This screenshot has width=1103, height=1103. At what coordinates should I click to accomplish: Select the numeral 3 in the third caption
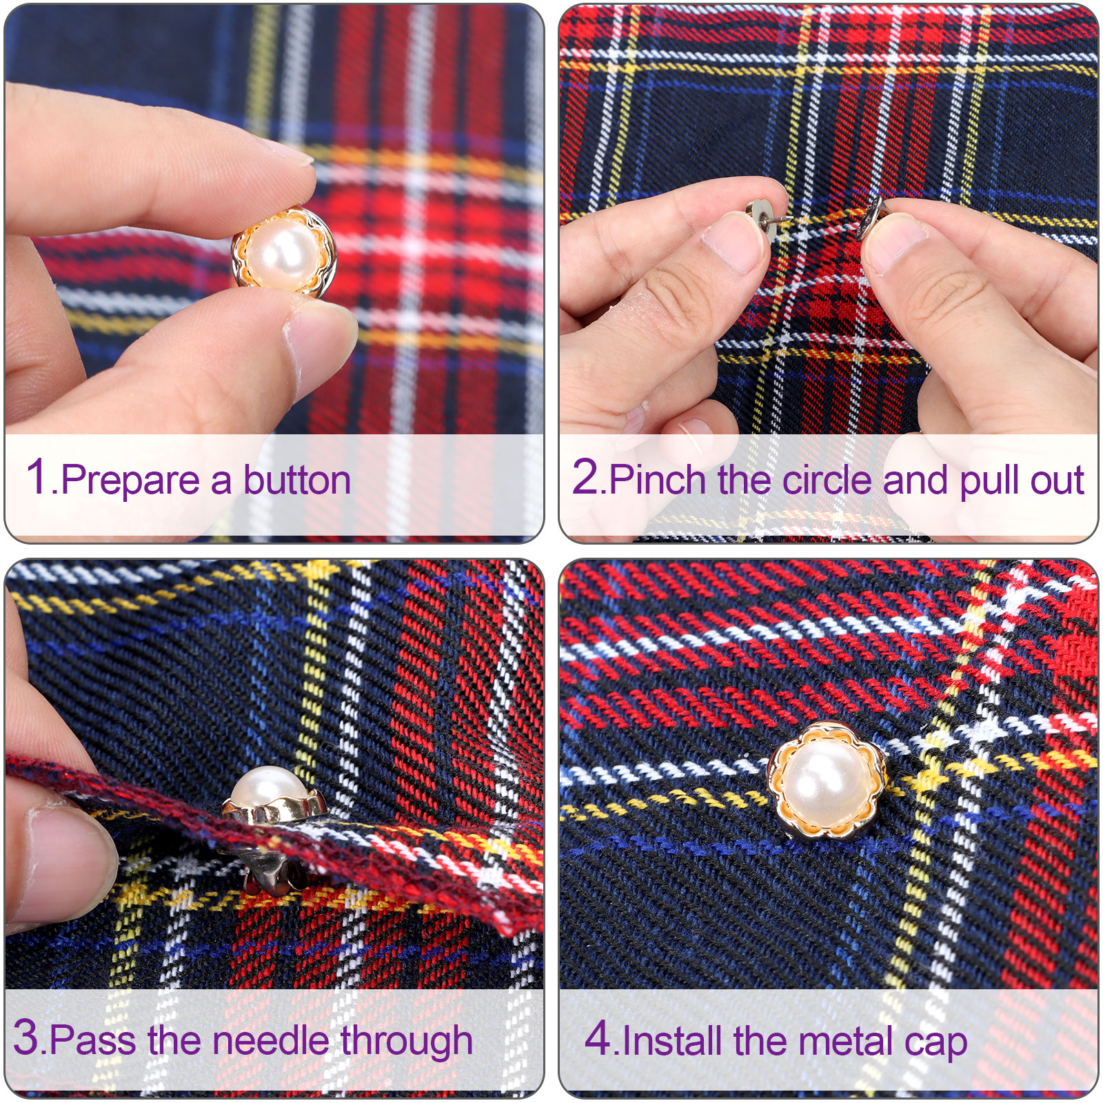pyautogui.click(x=26, y=1036)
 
